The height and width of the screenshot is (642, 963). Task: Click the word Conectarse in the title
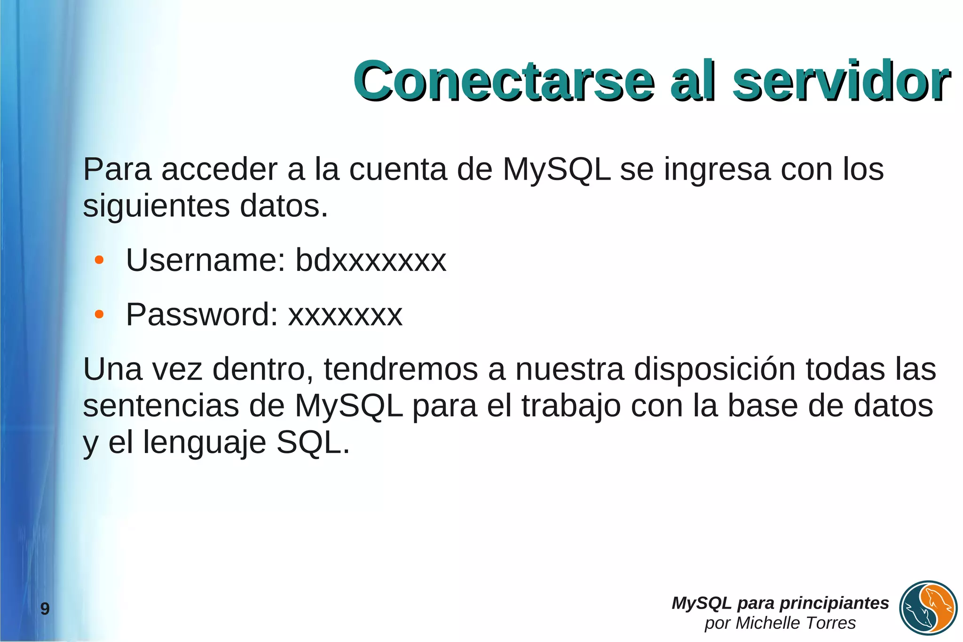pyautogui.click(x=503, y=81)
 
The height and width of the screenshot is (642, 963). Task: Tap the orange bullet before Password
pyautogui.click(x=99, y=315)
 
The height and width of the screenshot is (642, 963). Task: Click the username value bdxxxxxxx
pyautogui.click(x=371, y=260)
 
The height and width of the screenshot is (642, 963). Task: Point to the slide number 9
pyautogui.click(x=45, y=609)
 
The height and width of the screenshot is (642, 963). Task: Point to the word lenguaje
pyautogui.click(x=205, y=443)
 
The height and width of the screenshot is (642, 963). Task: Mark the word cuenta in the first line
pyautogui.click(x=398, y=169)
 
